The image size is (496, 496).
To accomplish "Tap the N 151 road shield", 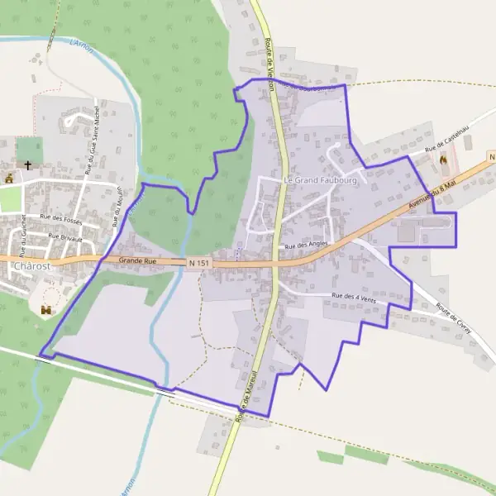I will pos(198,262).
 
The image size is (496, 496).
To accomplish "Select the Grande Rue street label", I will pos(137,260).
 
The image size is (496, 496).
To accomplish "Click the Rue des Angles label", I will pos(307,246).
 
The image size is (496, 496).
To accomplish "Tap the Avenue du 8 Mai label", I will pos(432,195).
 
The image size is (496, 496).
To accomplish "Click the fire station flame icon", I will pos(443,160).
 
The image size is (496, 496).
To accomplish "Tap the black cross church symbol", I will pos(27,165).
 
